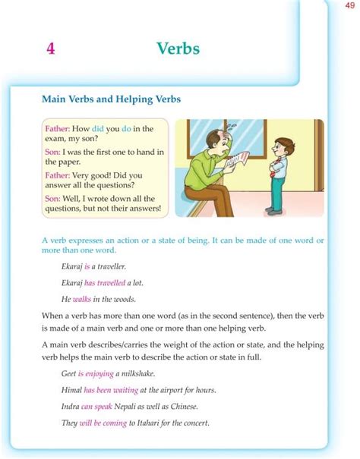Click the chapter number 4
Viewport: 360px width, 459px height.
pyautogui.click(x=50, y=49)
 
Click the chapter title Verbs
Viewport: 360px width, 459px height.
pyautogui.click(x=178, y=49)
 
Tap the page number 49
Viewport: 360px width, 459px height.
pyautogui.click(x=349, y=7)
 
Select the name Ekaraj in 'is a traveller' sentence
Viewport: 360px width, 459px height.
pyautogui.click(x=73, y=267)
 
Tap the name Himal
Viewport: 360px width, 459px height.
pyautogui.click(x=72, y=391)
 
